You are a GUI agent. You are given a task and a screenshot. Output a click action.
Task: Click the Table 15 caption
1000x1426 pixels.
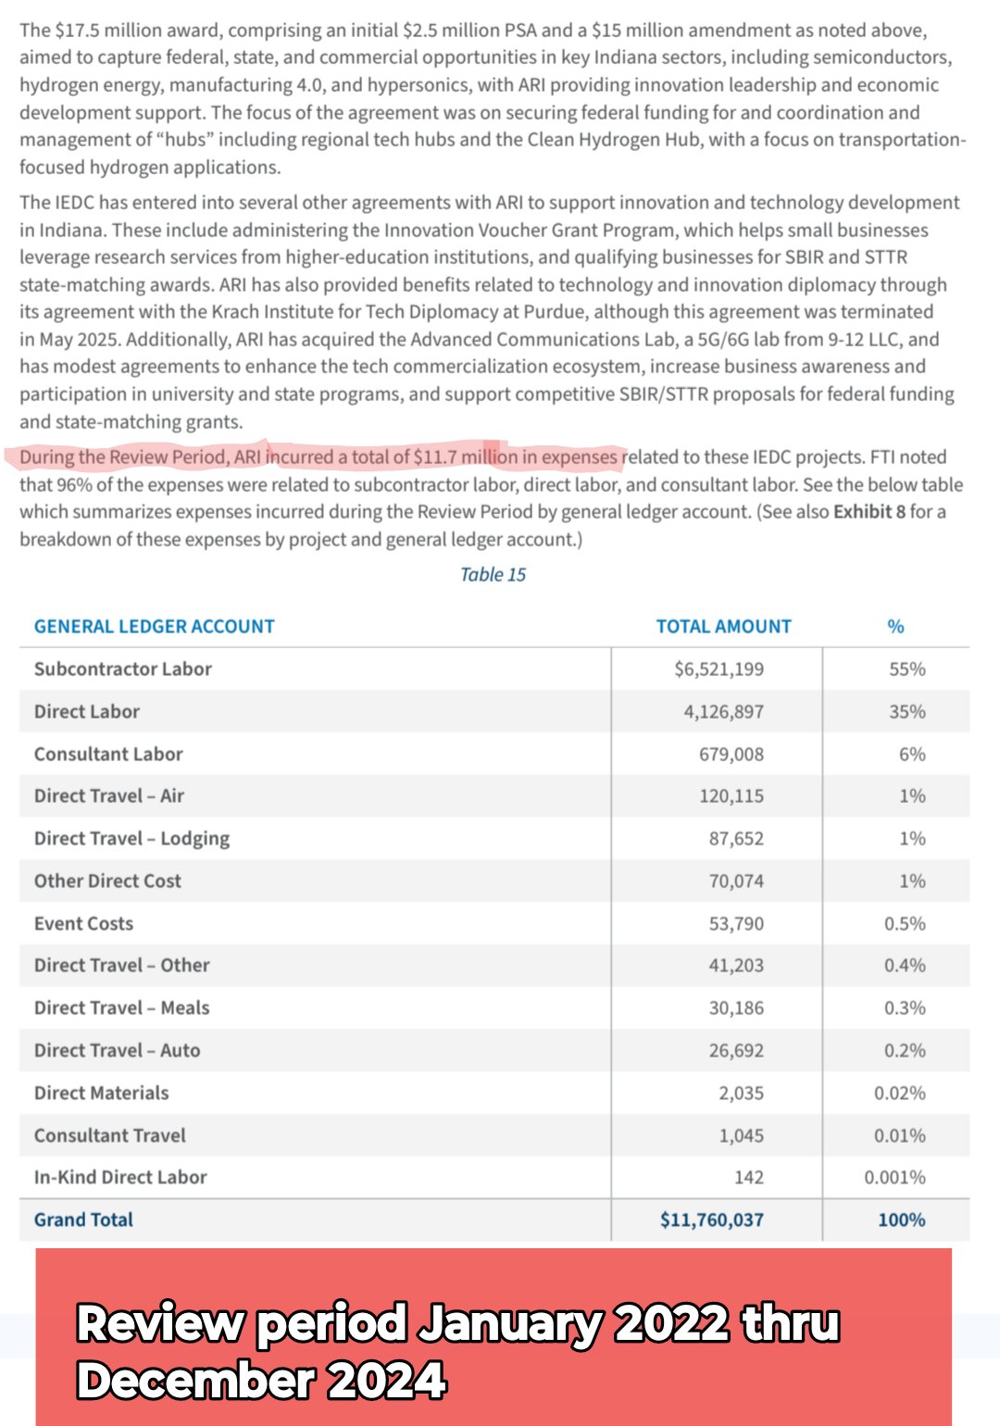(493, 575)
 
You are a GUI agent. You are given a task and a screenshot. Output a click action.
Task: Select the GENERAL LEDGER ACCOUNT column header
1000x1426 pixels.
(154, 627)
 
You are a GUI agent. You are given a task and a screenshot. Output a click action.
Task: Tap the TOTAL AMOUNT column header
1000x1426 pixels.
(723, 627)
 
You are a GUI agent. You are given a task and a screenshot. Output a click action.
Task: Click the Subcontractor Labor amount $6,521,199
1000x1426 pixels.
(719, 669)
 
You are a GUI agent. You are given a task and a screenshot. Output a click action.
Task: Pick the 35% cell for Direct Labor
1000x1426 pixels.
(906, 712)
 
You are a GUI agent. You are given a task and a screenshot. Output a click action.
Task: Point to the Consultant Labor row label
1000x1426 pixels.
(108, 755)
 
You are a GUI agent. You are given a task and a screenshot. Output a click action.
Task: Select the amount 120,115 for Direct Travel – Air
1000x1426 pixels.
(731, 796)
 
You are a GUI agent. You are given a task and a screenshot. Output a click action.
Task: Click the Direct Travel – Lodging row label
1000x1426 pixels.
(131, 839)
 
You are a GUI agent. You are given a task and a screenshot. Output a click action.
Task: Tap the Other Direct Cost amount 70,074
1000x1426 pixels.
(736, 882)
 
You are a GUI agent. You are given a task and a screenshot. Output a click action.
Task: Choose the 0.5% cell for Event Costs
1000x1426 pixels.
(904, 924)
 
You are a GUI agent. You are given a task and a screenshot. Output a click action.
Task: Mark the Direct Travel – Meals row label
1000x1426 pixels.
(121, 1008)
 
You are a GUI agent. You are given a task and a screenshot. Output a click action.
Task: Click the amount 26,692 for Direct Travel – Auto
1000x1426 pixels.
(736, 1051)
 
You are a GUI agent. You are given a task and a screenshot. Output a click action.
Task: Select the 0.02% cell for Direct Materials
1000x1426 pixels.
(899, 1094)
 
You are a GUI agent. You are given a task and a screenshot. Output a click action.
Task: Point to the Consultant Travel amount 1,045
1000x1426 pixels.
(741, 1136)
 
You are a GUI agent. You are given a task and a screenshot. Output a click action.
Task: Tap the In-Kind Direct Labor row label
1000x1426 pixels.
(120, 1178)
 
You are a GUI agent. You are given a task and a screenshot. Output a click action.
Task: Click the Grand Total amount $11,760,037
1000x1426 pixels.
(711, 1220)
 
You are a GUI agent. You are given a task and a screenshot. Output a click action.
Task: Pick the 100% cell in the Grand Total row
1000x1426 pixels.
(901, 1220)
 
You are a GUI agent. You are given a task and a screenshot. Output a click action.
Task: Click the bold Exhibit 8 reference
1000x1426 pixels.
(869, 512)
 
